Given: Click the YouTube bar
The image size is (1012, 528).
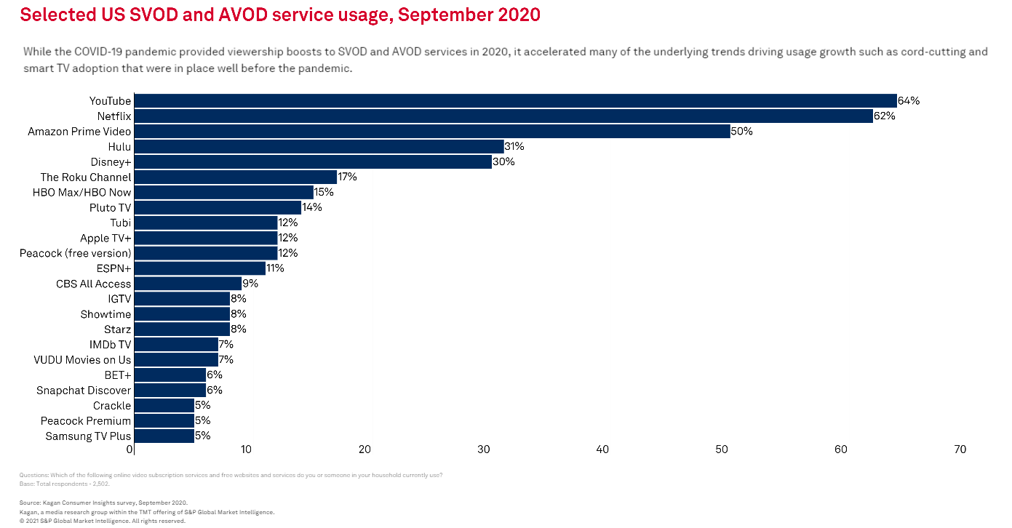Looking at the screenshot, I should [515, 101].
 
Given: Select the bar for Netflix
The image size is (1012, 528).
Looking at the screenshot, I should [503, 116].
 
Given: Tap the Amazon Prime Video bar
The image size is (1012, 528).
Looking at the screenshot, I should [432, 132].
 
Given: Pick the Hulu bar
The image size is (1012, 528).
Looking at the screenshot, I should [319, 147].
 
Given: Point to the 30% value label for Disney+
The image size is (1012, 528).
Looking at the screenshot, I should [503, 162].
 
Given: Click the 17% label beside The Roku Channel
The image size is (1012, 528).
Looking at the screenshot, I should [347, 177].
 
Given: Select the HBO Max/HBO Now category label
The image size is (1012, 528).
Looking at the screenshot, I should [81, 193].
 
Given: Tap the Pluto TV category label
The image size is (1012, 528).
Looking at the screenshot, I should [110, 208].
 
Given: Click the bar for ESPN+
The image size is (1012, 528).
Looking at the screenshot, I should [200, 268].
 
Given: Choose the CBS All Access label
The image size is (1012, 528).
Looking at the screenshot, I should [94, 284].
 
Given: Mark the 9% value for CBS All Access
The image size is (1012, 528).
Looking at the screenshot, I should [250, 284].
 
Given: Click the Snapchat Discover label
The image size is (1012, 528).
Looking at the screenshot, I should [84, 391].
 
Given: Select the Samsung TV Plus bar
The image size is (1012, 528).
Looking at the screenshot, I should [164, 436].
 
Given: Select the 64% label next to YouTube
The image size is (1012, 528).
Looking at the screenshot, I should [909, 101].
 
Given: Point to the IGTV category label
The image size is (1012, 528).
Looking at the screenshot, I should [119, 299].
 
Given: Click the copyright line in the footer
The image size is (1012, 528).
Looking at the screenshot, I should [103, 521].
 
